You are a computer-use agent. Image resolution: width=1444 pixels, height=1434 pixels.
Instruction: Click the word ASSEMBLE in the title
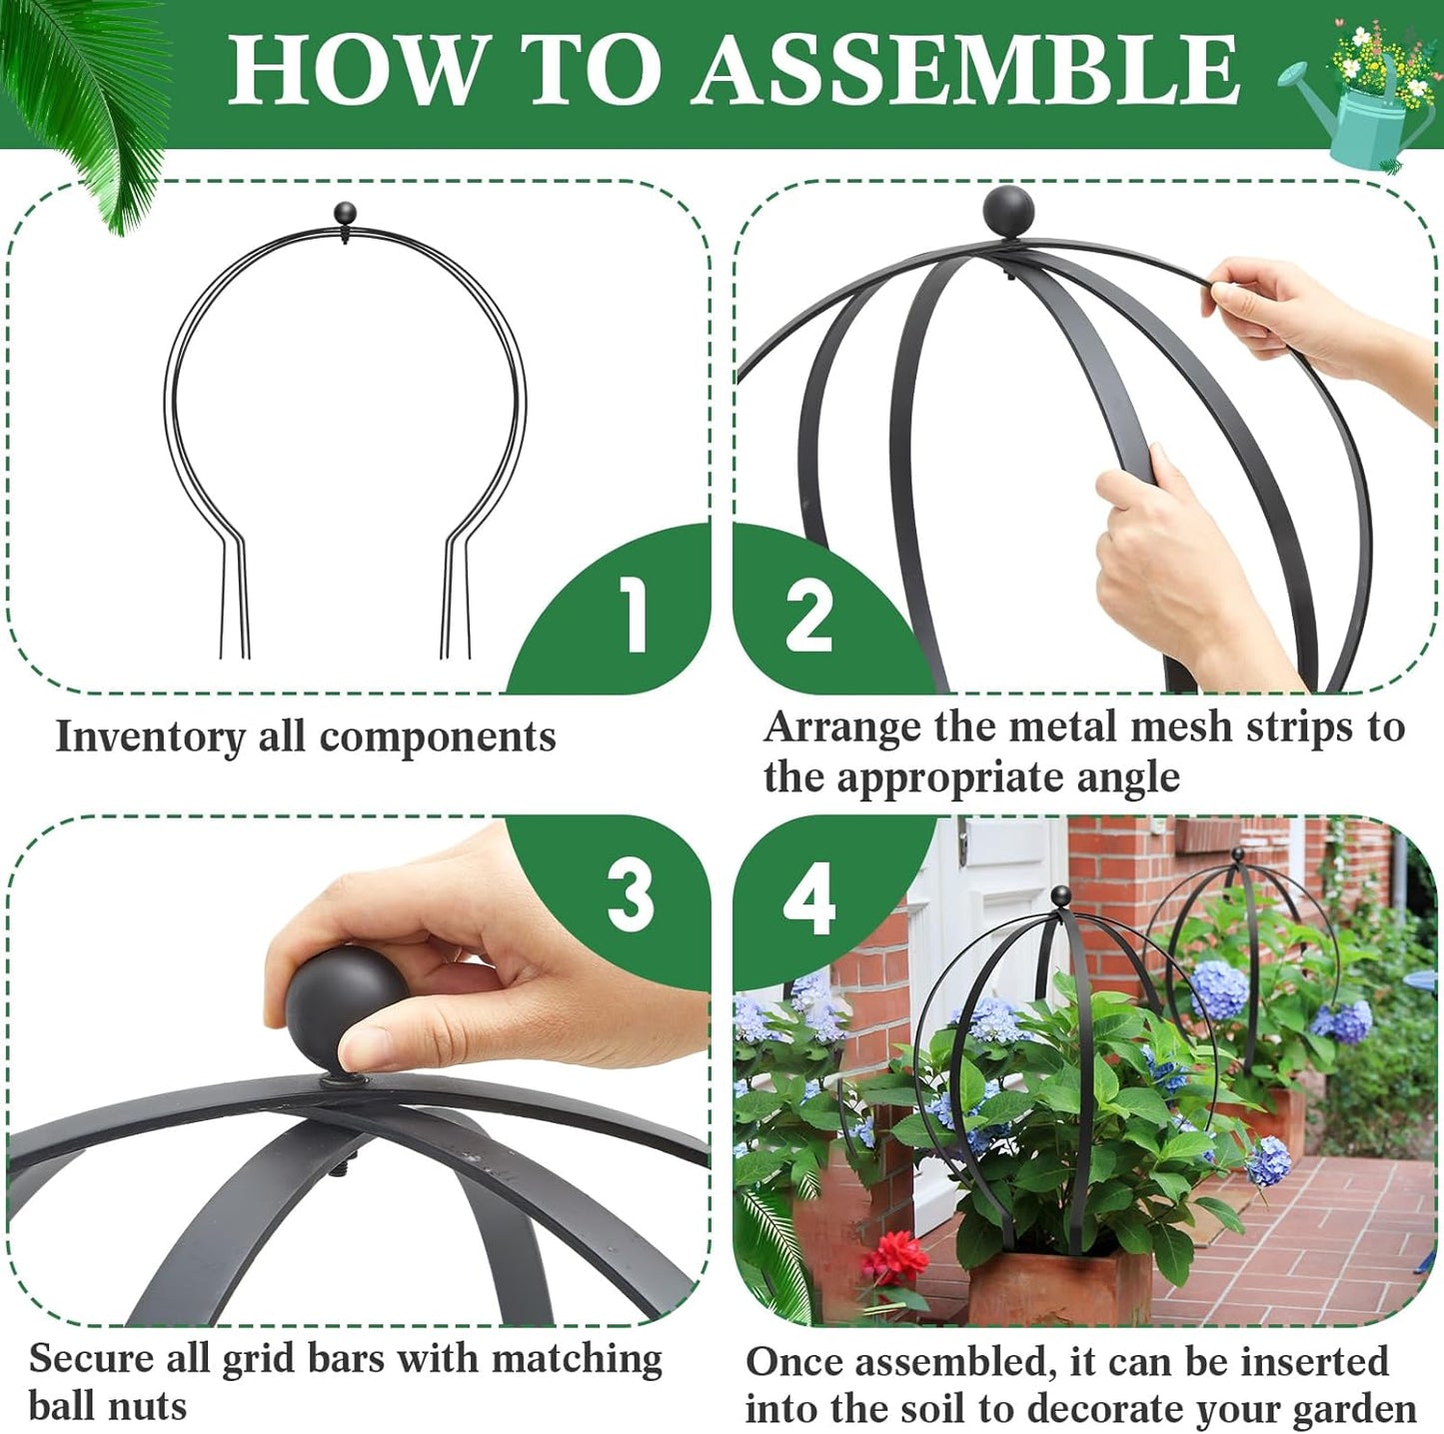(965, 70)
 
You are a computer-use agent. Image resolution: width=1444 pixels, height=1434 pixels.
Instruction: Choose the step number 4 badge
(808, 898)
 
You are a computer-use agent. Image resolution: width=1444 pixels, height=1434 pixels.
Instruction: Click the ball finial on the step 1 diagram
(345, 213)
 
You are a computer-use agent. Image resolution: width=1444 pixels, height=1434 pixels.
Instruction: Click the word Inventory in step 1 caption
(150, 737)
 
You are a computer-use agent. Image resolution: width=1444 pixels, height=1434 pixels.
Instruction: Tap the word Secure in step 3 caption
(89, 1359)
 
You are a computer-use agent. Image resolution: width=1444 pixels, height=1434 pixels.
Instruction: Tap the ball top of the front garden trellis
(1060, 895)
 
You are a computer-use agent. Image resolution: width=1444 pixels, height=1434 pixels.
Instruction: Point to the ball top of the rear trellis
(1238, 854)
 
